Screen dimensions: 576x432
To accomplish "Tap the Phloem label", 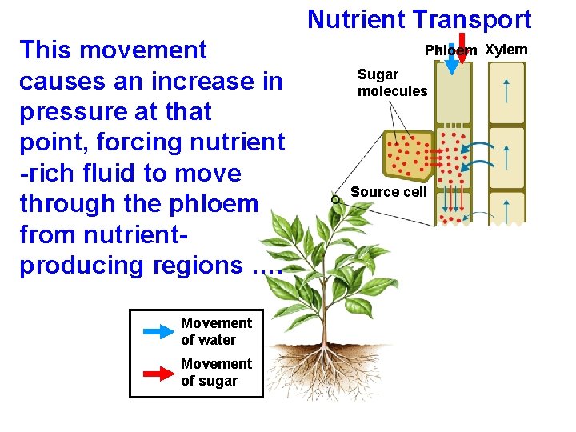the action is (450, 50).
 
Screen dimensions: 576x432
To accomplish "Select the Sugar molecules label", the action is (392, 82).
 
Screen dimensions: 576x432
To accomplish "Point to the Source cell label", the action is (389, 192).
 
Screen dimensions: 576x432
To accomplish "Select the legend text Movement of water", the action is (216, 331).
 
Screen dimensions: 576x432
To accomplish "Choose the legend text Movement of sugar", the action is (216, 372).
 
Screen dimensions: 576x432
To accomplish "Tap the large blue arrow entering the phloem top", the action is (452, 64).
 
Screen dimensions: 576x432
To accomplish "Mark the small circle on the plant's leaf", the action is (336, 198).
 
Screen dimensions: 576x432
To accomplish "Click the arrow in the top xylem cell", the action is (506, 90).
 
